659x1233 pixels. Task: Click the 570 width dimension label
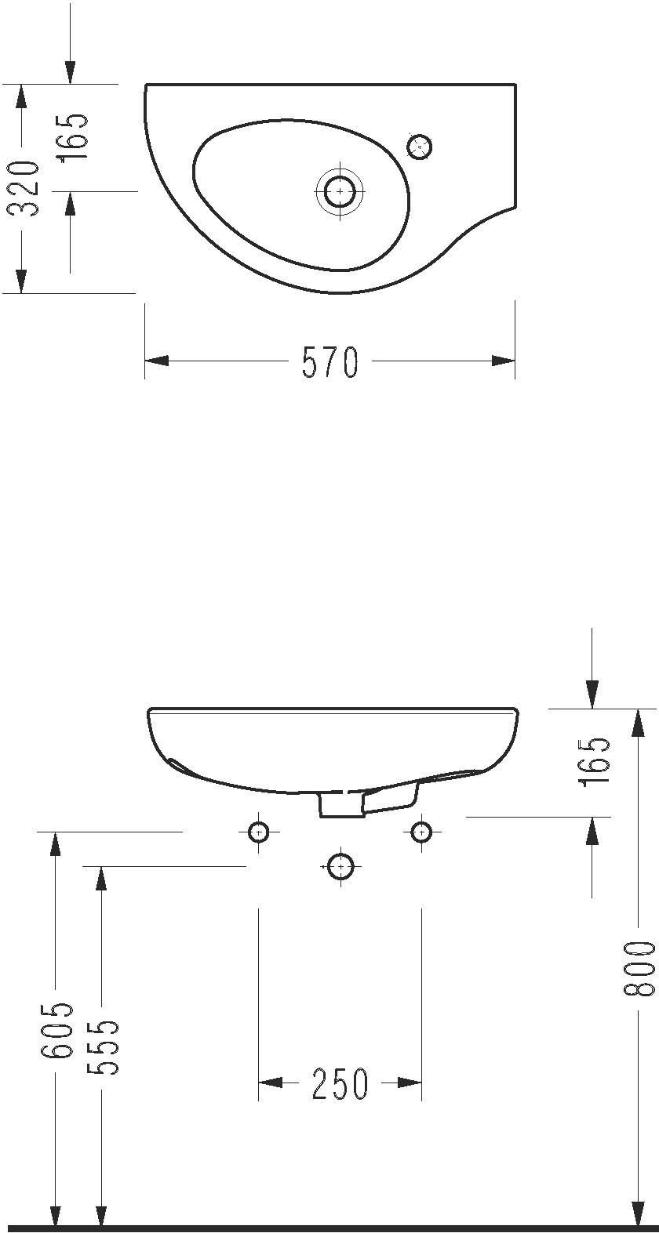[x=330, y=361]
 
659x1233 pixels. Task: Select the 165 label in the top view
[x=72, y=136]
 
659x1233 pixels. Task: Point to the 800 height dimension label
[x=639, y=968]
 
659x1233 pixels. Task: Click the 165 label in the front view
[x=595, y=762]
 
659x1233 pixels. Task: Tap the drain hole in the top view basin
[x=340, y=191]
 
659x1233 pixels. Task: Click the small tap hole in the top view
[x=419, y=147]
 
